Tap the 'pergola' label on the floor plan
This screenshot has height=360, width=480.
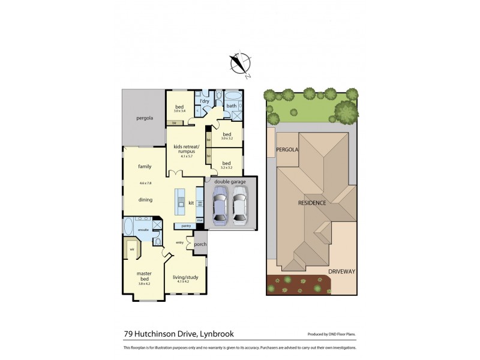point(144,118)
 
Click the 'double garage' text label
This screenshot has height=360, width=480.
point(230,181)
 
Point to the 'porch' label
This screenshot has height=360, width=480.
point(200,244)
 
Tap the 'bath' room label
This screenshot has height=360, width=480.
point(231,106)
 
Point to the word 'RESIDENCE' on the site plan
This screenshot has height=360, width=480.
point(312,203)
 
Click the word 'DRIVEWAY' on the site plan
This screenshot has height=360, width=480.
point(342,271)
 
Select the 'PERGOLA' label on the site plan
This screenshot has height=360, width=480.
point(287,149)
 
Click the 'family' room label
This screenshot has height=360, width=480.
point(144,166)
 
